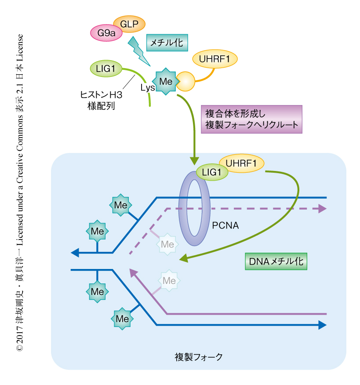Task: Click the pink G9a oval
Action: pyautogui.click(x=106, y=33)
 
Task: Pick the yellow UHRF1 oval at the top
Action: pyautogui.click(x=215, y=59)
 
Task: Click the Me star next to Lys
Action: pyautogui.click(x=166, y=81)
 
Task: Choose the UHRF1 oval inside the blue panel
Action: pyautogui.click(x=242, y=163)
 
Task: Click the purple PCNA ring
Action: pyautogui.click(x=194, y=207)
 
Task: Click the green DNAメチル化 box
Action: pyautogui.click(x=276, y=262)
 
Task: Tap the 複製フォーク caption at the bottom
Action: pyautogui.click(x=199, y=356)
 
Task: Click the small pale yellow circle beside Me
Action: pyautogui.click(x=185, y=81)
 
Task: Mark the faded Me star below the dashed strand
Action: pyautogui.click(x=167, y=243)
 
